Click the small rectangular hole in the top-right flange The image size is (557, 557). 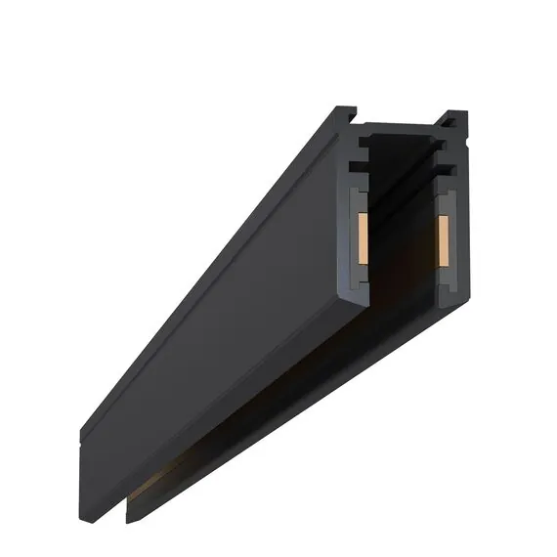tap(452, 124)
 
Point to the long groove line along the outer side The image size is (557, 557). tap(195, 283)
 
